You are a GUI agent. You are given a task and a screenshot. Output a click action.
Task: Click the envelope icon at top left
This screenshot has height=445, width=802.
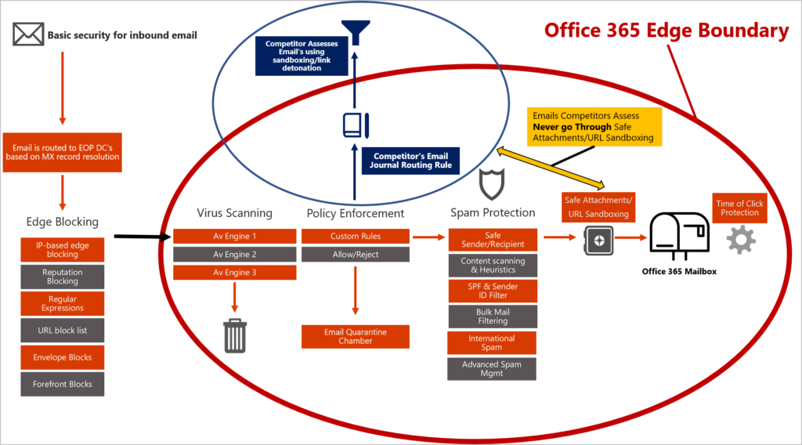click(x=28, y=34)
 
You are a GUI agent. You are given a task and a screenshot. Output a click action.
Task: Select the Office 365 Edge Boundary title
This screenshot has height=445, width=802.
click(x=666, y=31)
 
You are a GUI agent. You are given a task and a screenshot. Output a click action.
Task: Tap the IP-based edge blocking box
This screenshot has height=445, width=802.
click(x=63, y=250)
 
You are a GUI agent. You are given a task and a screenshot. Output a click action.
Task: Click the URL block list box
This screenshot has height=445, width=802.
click(x=63, y=331)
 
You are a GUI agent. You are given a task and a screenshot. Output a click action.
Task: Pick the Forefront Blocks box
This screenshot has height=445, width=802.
click(x=63, y=384)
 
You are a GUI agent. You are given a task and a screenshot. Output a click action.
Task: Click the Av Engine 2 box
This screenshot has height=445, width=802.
click(x=235, y=255)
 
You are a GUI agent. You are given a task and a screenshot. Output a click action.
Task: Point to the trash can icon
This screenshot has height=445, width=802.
click(x=235, y=335)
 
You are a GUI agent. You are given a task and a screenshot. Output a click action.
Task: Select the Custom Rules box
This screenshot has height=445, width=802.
click(x=356, y=236)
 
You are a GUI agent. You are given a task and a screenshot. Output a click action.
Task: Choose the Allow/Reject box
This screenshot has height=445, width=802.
click(x=356, y=255)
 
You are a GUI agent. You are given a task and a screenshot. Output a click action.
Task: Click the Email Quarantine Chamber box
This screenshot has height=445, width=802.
click(x=356, y=337)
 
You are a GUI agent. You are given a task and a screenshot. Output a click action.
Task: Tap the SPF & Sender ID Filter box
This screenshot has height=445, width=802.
click(x=493, y=291)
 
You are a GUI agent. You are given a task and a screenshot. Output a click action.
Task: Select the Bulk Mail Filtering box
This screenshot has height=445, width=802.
click(x=493, y=317)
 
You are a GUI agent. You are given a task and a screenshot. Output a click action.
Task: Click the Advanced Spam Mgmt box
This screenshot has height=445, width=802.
click(x=493, y=369)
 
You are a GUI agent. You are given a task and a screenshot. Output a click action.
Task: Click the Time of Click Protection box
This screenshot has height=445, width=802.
click(x=739, y=208)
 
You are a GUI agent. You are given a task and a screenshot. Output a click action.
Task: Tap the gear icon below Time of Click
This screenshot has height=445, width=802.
click(x=741, y=239)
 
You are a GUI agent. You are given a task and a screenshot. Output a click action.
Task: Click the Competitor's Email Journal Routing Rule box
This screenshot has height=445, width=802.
click(x=410, y=161)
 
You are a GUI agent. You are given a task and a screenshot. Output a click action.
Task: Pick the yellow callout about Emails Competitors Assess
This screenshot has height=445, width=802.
click(x=594, y=126)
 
